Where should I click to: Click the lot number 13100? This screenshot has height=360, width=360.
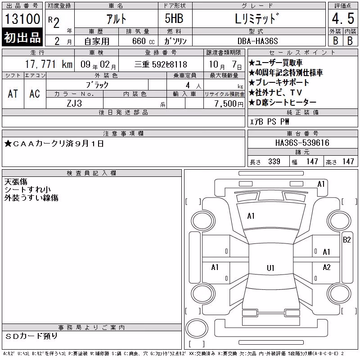pyautogui.click(x=22, y=18)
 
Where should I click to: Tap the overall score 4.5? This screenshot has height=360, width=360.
pyautogui.click(x=343, y=18)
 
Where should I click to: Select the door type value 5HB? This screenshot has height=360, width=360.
pyautogui.click(x=174, y=18)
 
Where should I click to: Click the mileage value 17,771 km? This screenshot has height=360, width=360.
pyautogui.click(x=49, y=64)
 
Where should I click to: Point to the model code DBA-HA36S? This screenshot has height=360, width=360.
pyautogui.click(x=258, y=41)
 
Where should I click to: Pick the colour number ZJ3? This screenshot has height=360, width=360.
pyautogui.click(x=74, y=103)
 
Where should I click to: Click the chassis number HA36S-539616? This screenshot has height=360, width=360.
pyautogui.click(x=302, y=143)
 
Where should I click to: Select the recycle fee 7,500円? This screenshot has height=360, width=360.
pyautogui.click(x=229, y=104)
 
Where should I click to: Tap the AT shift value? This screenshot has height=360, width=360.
pyautogui.click(x=13, y=94)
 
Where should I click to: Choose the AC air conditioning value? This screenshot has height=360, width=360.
pyautogui.click(x=35, y=94)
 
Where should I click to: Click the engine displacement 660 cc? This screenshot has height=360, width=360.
pyautogui.click(x=143, y=41)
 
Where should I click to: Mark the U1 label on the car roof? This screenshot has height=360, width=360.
pyautogui.click(x=270, y=268)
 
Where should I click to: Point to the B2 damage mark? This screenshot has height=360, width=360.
pyautogui.click(x=346, y=240)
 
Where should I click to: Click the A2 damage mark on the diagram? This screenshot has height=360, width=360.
pyautogui.click(x=327, y=267)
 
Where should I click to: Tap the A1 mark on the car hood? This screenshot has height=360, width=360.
pyautogui.click(x=251, y=216)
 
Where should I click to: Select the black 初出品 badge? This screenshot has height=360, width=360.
pyautogui.click(x=22, y=37)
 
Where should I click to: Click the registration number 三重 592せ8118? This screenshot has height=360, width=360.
pyautogui.click(x=161, y=64)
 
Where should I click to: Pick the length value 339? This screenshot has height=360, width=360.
pyautogui.click(x=274, y=162)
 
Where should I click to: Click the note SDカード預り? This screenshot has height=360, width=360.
pyautogui.click(x=31, y=336)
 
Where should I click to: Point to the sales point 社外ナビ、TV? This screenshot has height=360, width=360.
pyautogui.click(x=275, y=93)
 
